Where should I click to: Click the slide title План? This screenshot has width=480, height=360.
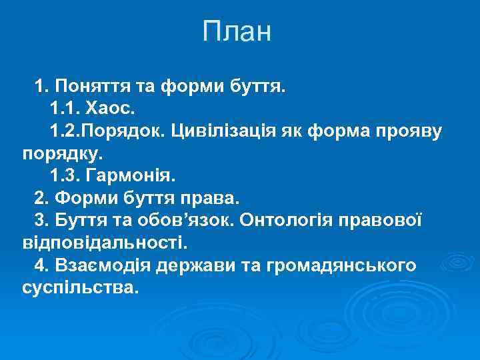[x=237, y=31]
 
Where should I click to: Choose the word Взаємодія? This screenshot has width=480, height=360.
[x=100, y=267]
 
